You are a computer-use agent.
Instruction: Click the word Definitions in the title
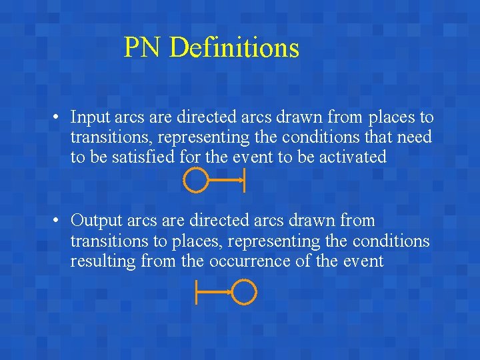234,48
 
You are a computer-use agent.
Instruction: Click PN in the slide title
144,48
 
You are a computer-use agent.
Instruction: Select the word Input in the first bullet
91,118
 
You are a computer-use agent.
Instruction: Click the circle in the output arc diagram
245,291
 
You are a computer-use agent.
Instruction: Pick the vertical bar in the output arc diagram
196,292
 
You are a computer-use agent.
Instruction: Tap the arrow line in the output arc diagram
215,291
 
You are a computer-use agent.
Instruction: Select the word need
415,138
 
